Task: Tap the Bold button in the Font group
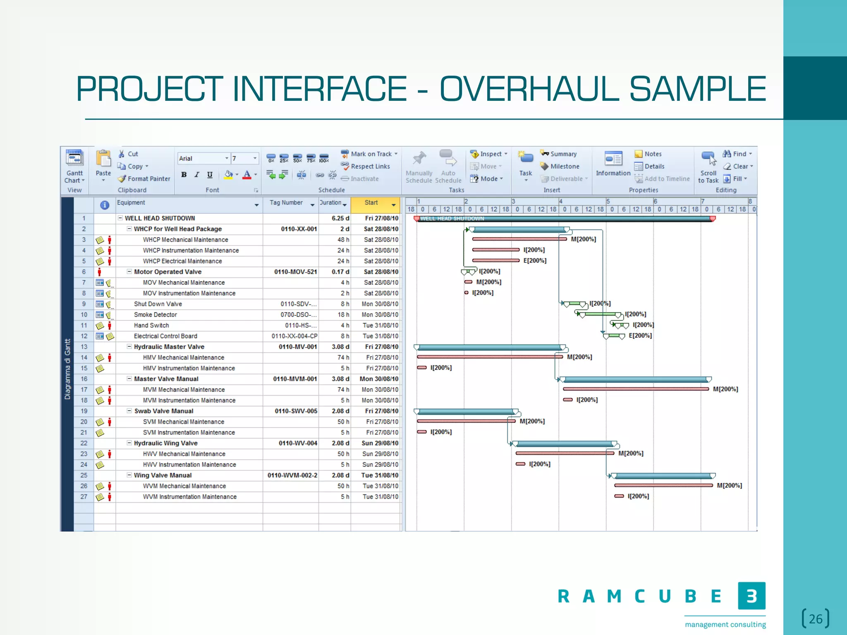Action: [x=184, y=174]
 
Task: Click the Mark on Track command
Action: [x=371, y=154]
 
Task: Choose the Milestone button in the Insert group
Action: [x=564, y=166]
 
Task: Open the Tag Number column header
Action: [x=286, y=203]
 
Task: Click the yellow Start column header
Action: [x=371, y=203]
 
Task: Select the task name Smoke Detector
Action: [x=156, y=315]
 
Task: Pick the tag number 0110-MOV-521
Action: [x=295, y=272]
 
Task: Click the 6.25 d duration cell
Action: [x=340, y=218]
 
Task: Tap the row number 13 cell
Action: [x=84, y=347]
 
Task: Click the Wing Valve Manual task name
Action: [x=163, y=475]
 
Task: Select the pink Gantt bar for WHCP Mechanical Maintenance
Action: [x=519, y=239]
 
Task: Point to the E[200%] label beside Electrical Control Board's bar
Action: [x=640, y=336]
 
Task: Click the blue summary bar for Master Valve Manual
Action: [x=635, y=379]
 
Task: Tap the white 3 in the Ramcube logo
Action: [x=751, y=596]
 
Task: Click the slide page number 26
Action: [x=816, y=619]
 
